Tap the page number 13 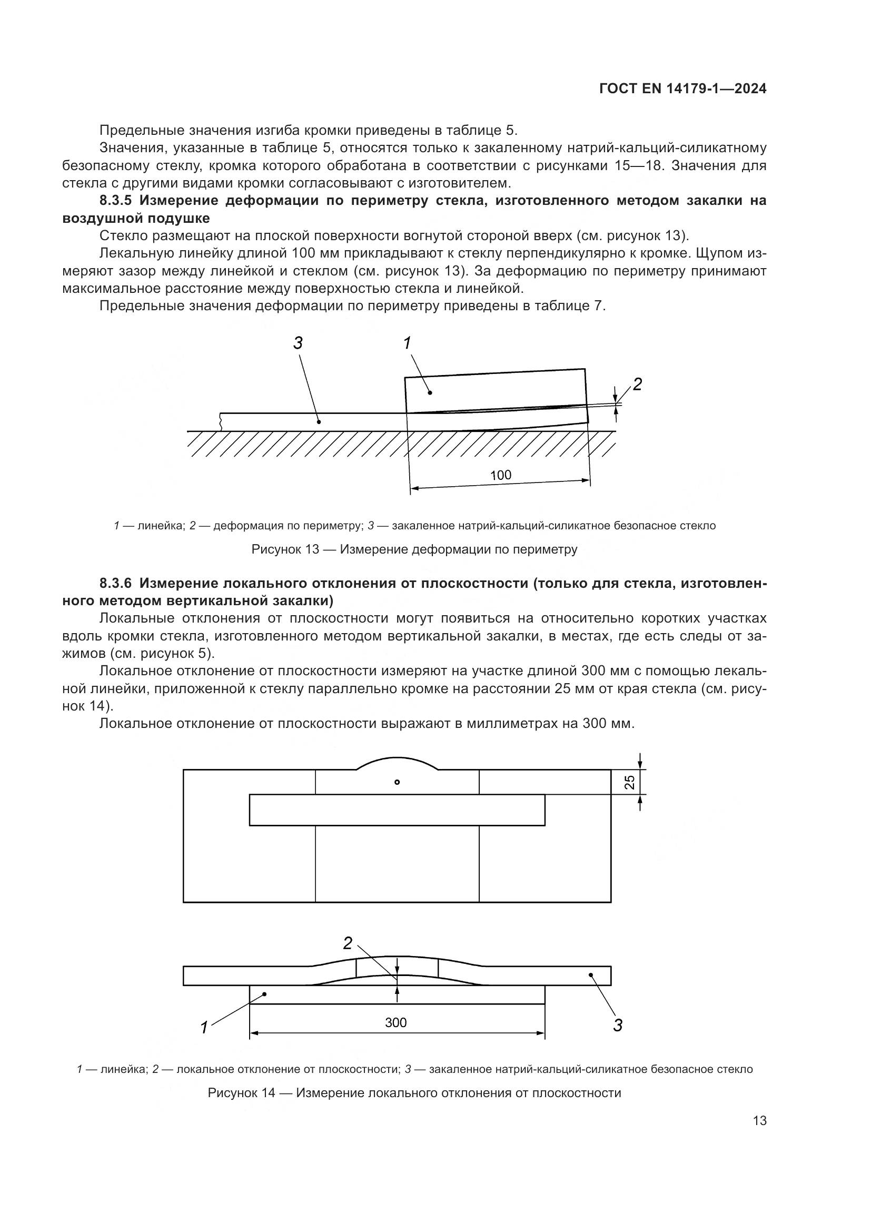pyautogui.click(x=759, y=1120)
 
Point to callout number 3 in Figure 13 pyautogui.click(x=298, y=343)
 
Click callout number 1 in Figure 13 pyautogui.click(x=407, y=343)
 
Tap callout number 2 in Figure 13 pyautogui.click(x=637, y=384)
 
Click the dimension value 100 pyautogui.click(x=500, y=475)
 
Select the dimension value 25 pyautogui.click(x=630, y=782)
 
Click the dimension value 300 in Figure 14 pyautogui.click(x=396, y=1023)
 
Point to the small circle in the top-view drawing pyautogui.click(x=397, y=782)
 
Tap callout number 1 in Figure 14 pyautogui.click(x=204, y=1028)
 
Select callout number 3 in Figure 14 pyautogui.click(x=617, y=1026)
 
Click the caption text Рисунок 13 pyautogui.click(x=285, y=549)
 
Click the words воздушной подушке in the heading pyautogui.click(x=136, y=219)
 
